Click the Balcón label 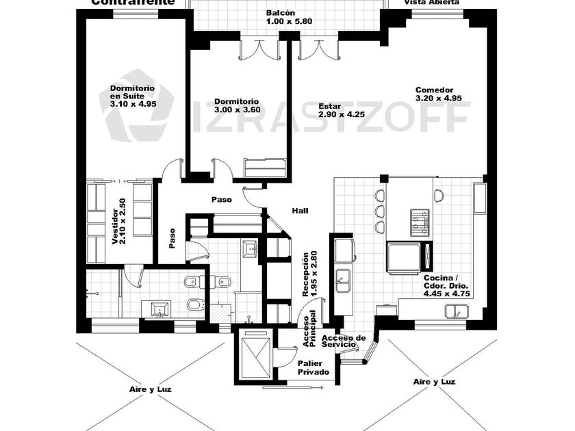(x=281, y=13)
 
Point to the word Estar (x=331, y=107)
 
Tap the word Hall (x=300, y=211)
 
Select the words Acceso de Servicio (x=344, y=341)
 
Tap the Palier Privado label (x=314, y=368)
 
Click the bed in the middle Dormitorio (x=266, y=166)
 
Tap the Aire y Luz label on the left (x=151, y=389)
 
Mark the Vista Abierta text (x=431, y=3)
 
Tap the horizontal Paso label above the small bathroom (x=220, y=200)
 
